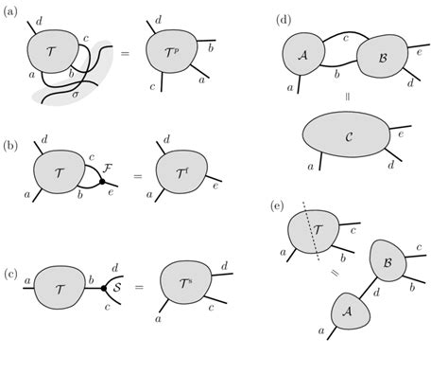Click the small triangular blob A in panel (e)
(348, 309)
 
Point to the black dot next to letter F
(102, 181)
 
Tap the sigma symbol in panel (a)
(77, 95)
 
